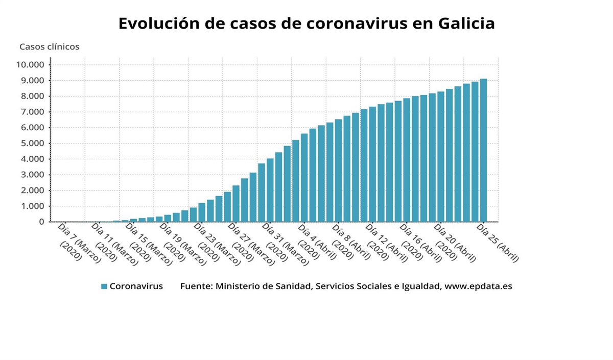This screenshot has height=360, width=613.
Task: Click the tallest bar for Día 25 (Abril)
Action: (x=483, y=151)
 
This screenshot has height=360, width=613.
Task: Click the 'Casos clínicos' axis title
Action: (x=50, y=46)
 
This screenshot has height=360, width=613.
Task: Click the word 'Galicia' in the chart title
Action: (x=466, y=23)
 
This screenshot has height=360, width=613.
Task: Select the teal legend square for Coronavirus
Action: (x=104, y=286)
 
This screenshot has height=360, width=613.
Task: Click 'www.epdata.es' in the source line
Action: (x=478, y=286)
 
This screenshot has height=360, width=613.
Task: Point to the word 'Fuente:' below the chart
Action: (x=196, y=286)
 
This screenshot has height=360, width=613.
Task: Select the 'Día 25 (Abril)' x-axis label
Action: (x=498, y=243)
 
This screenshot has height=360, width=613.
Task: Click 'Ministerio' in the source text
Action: (x=237, y=286)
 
